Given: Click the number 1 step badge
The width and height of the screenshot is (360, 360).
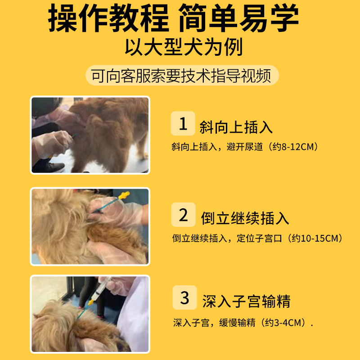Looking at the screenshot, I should [183, 123].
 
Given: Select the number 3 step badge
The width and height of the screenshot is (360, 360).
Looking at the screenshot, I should [184, 298].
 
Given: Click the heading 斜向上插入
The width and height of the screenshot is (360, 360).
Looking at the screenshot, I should [236, 127].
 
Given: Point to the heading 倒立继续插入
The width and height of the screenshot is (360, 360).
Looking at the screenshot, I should [245, 219].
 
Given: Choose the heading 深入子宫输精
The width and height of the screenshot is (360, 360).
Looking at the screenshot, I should [246, 301].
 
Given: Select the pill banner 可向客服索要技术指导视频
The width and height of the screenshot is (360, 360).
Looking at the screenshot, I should [181, 76].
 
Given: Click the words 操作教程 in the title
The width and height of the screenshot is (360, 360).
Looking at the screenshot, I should [108, 20].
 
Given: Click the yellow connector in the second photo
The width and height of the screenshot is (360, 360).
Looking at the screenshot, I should [124, 195].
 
